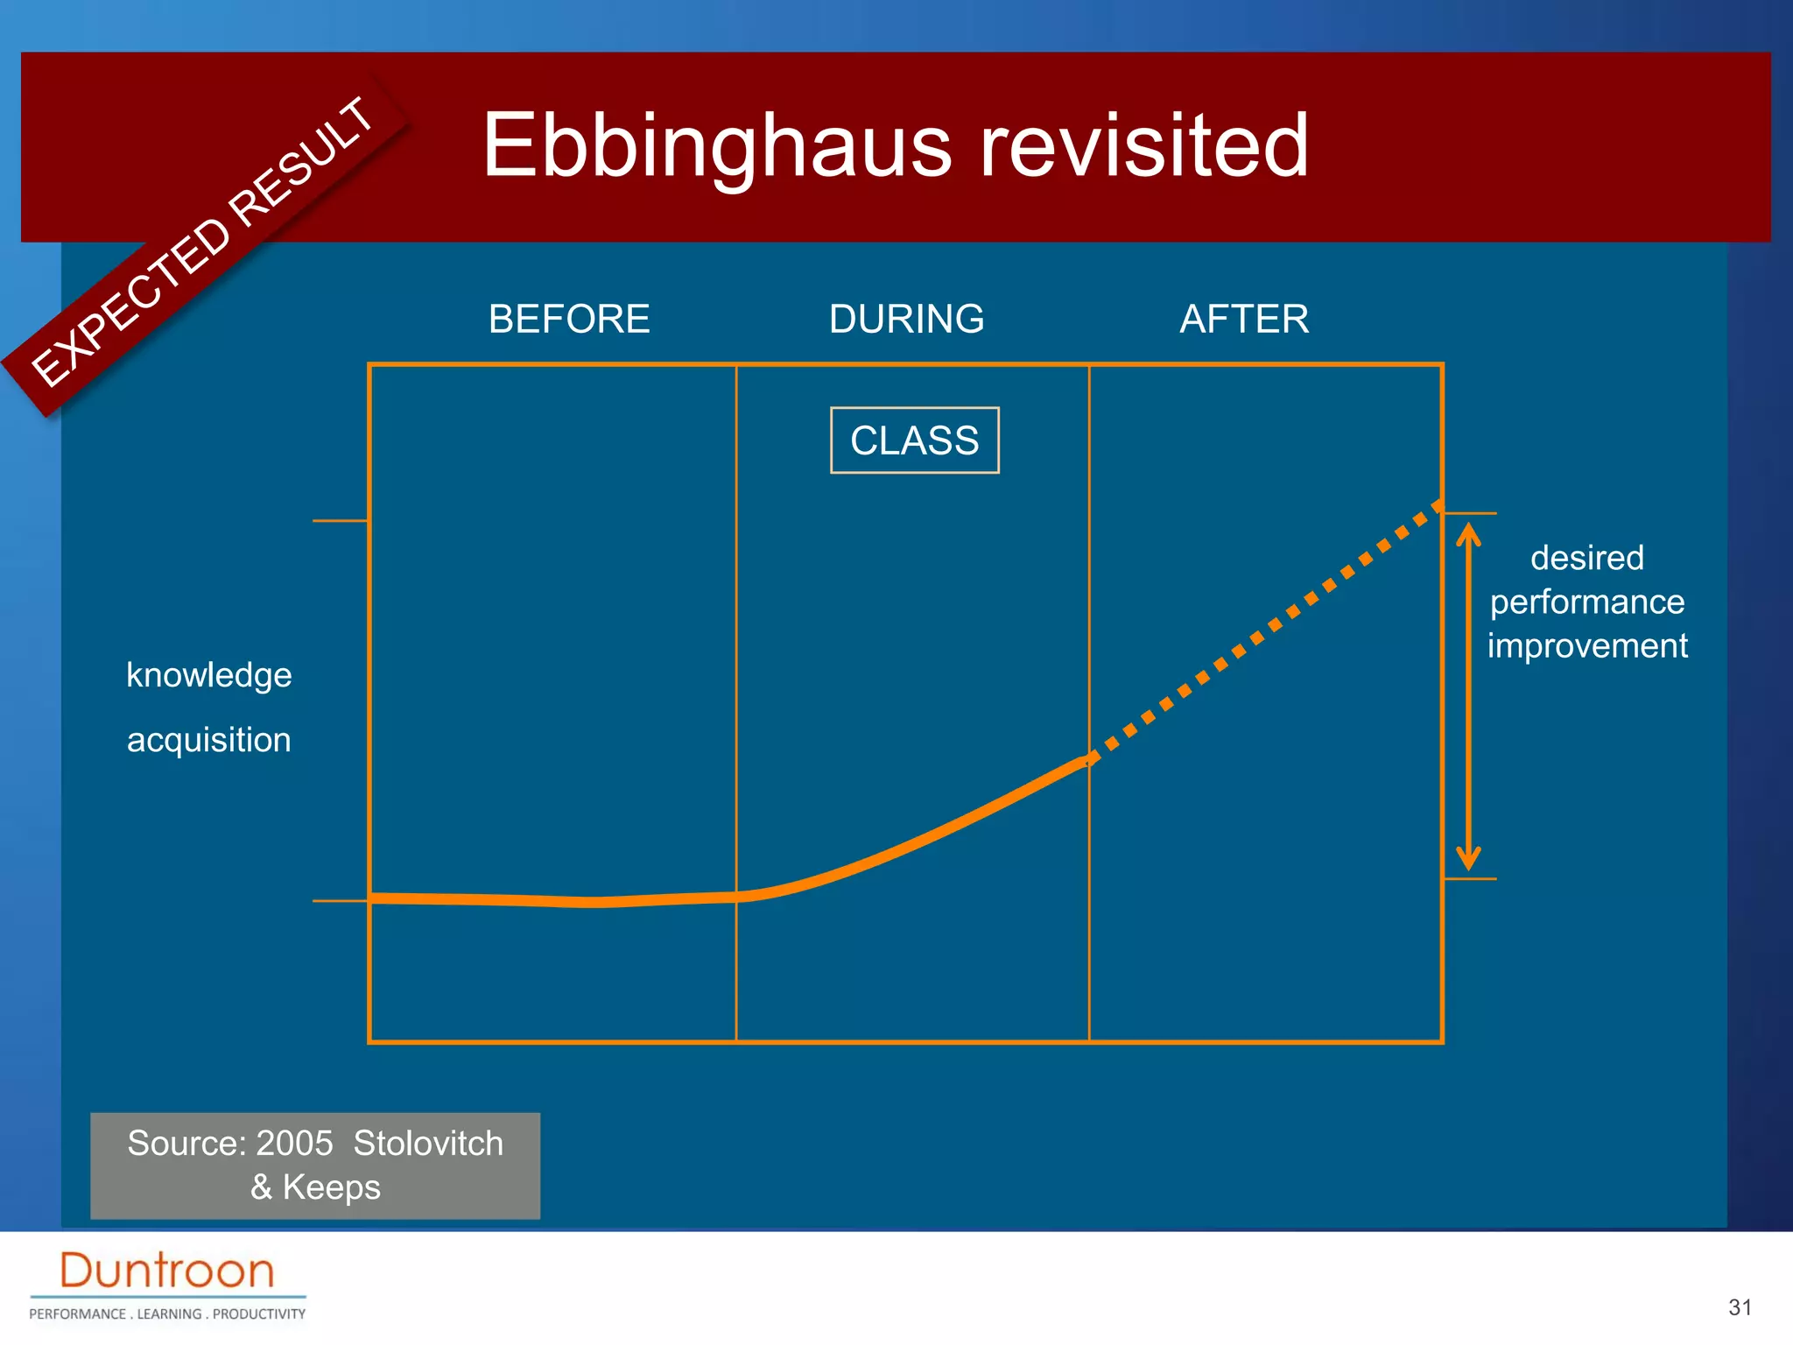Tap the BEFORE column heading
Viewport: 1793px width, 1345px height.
coord(569,319)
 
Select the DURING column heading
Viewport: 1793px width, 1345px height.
coord(906,319)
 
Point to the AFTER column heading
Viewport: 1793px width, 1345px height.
coord(1243,319)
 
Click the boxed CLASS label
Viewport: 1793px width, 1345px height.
coord(914,440)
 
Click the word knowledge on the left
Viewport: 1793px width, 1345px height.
coord(208,675)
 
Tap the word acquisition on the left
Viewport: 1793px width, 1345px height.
coord(208,740)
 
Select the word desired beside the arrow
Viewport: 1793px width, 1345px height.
coord(1586,558)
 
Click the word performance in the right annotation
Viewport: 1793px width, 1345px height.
coord(1586,602)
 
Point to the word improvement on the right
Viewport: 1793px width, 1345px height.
coord(1586,646)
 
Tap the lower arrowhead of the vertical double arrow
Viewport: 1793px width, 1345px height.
coord(1468,860)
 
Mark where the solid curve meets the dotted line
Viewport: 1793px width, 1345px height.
coord(1088,758)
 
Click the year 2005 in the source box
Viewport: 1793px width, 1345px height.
coord(294,1144)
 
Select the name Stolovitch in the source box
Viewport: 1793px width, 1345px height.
coord(428,1144)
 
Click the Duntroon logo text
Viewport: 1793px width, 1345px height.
coord(166,1271)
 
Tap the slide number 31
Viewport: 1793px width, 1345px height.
coord(1740,1307)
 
